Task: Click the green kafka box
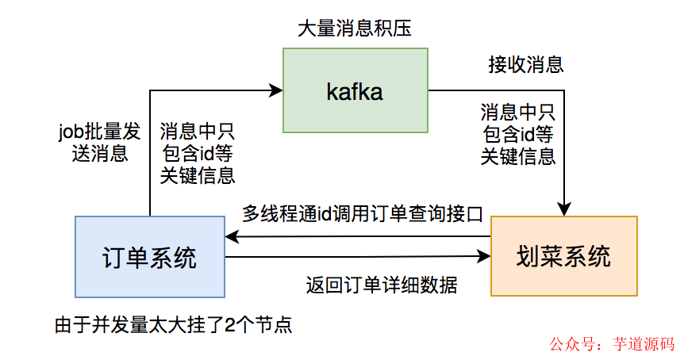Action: pyautogui.click(x=355, y=90)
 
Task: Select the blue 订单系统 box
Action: pyautogui.click(x=150, y=257)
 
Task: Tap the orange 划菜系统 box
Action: pyautogui.click(x=564, y=257)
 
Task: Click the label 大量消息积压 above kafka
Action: pyautogui.click(x=354, y=29)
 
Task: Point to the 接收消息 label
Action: pyautogui.click(x=525, y=63)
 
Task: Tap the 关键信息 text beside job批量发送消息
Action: pyautogui.click(x=197, y=175)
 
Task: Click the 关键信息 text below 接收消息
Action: pyautogui.click(x=517, y=155)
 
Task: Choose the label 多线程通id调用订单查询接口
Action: pyautogui.click(x=363, y=213)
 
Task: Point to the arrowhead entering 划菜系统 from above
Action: pyautogui.click(x=564, y=210)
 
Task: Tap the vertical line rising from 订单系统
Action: pyautogui.click(x=150, y=159)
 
